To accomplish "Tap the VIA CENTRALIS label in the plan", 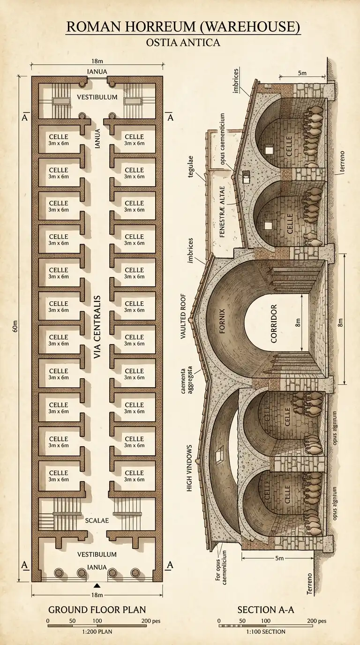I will [x=97, y=327].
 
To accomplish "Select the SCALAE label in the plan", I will [x=97, y=520].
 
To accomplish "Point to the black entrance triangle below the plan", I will [x=97, y=585].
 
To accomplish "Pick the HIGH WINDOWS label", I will [x=190, y=467].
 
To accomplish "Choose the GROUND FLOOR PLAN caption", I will [x=97, y=610].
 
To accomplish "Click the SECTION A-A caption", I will [x=263, y=610].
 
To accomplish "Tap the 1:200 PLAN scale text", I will [x=97, y=631].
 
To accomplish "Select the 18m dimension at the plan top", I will [x=97, y=61].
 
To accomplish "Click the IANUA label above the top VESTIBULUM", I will [x=97, y=71].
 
